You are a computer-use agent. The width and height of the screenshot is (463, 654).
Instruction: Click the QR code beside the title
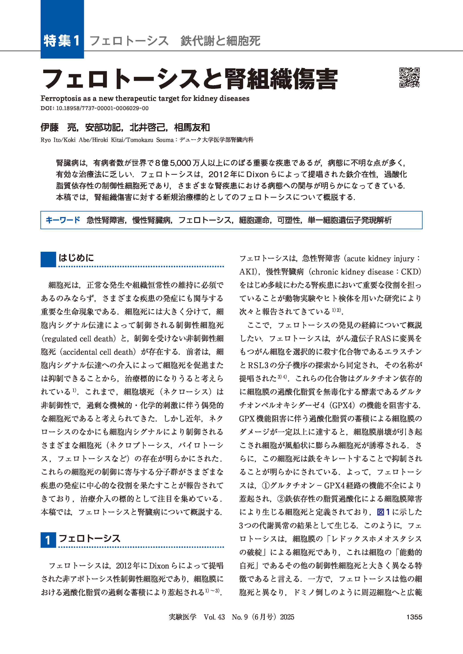coord(409,77)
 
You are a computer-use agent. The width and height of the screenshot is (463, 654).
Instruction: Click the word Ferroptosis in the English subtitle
coord(61,98)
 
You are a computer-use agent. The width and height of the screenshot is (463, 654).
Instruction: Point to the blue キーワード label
coord(63,220)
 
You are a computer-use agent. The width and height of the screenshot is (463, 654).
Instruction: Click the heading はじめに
coord(76,258)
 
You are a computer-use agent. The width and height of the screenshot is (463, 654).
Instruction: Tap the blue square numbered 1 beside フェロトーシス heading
coord(48,540)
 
